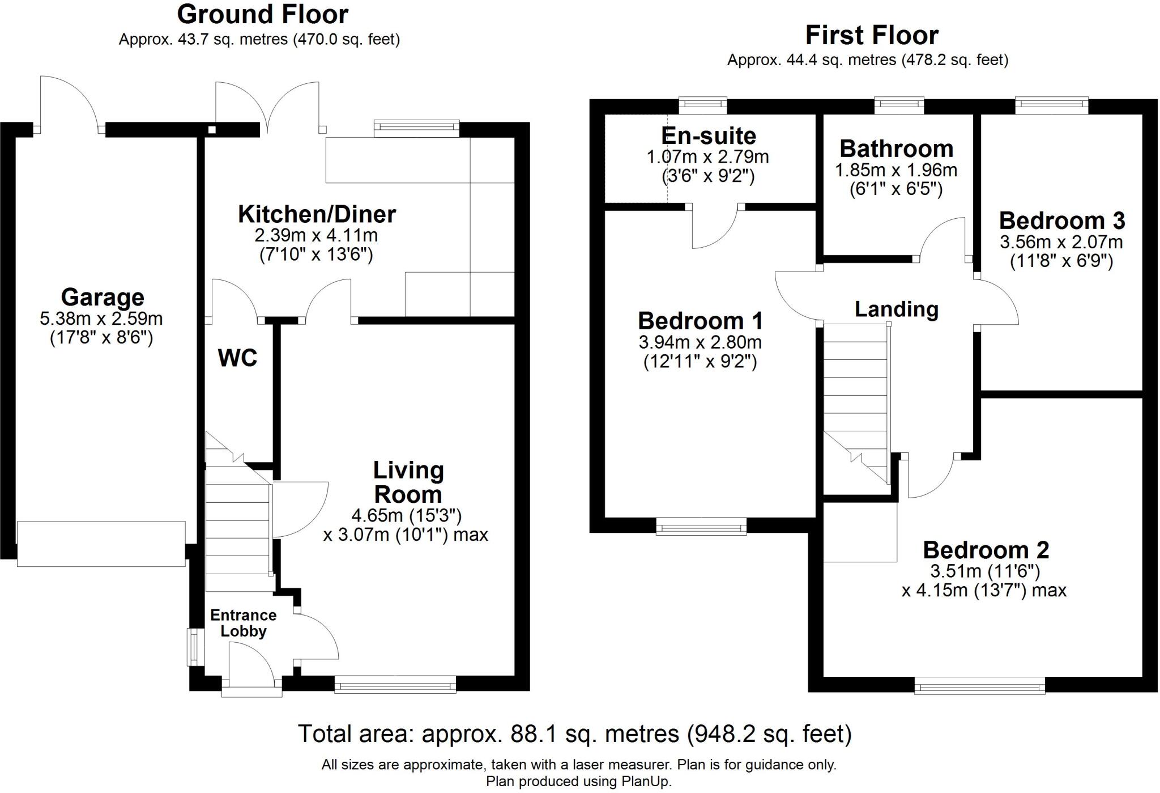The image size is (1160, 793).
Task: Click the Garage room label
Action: [103, 297]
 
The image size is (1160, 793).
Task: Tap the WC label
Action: [237, 358]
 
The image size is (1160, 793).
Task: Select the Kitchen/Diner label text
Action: [317, 214]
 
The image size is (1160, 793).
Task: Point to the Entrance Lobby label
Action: [244, 623]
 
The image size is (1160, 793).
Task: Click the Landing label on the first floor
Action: [897, 309]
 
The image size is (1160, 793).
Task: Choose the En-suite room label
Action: [709, 136]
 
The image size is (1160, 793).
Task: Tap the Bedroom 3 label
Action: [1062, 220]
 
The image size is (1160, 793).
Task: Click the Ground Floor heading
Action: [262, 14]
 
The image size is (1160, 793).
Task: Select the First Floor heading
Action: [872, 35]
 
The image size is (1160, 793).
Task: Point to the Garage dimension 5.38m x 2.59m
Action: [101, 319]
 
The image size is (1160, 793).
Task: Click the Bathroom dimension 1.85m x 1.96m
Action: [896, 169]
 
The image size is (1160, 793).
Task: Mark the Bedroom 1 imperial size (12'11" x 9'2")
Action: [700, 362]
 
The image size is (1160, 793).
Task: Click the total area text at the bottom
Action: [575, 733]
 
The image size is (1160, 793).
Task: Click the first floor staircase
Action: [856, 405]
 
